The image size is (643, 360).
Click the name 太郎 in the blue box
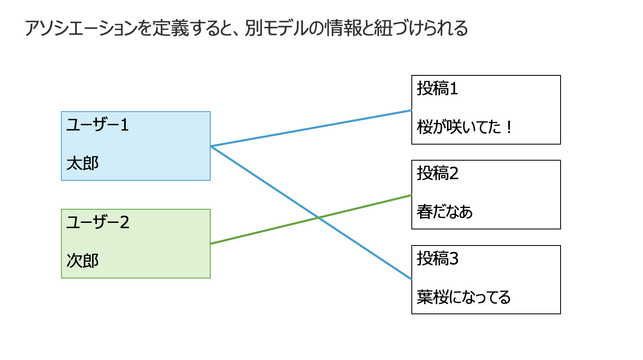click(82, 164)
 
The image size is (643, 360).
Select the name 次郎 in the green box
click(82, 261)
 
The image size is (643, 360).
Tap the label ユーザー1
click(98, 125)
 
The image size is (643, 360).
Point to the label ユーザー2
click(98, 222)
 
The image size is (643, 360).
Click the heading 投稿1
click(437, 89)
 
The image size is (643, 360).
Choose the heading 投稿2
click(437, 173)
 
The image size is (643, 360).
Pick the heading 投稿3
click(437, 259)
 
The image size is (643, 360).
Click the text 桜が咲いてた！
click(464, 127)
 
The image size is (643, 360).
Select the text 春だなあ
click(444, 212)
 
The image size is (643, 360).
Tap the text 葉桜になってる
click(464, 297)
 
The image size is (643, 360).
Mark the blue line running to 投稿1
click(311, 128)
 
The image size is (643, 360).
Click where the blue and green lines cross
click(318, 217)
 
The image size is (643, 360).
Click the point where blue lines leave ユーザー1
click(211, 146)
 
